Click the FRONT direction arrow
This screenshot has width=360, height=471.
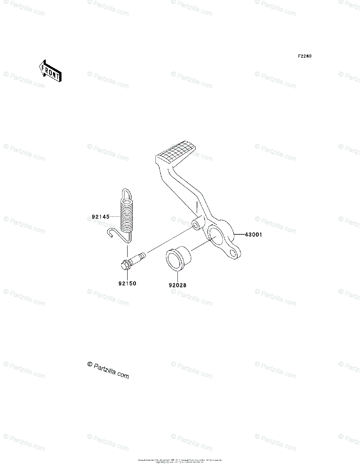tap(49, 71)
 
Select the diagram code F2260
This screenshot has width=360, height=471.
tap(304, 56)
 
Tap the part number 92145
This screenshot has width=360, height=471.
tap(100, 216)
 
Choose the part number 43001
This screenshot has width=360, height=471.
tap(253, 235)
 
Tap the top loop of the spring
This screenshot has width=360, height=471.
tap(125, 193)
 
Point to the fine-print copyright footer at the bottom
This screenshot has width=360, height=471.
tap(180, 461)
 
